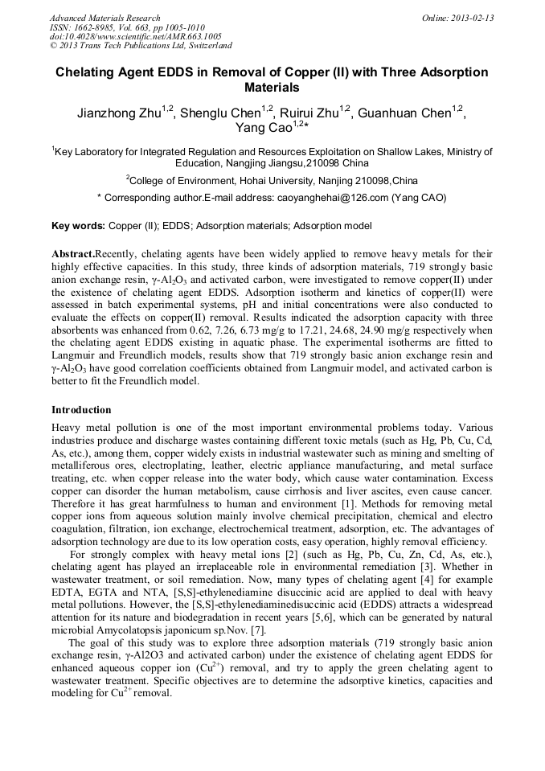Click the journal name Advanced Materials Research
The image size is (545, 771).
(104, 18)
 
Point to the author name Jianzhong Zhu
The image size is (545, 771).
(119, 113)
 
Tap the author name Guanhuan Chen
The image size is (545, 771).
(404, 113)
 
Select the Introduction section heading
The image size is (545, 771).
(81, 410)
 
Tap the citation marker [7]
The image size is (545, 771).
(258, 630)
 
